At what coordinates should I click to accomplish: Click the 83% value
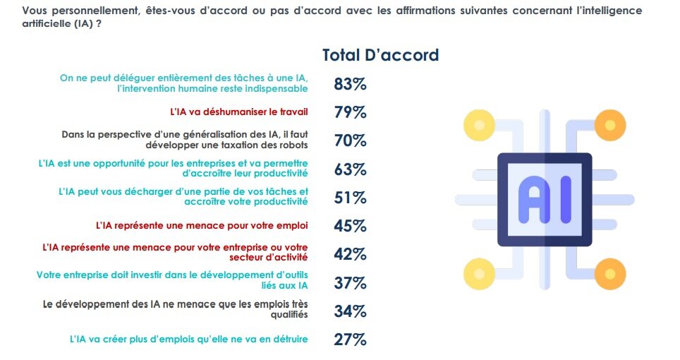coord(350,84)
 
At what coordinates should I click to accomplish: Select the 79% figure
coord(350,112)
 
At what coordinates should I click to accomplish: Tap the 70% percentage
coord(350,140)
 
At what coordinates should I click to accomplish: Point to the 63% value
coord(350,169)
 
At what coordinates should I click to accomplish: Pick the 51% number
coord(350,198)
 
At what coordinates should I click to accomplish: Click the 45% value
coord(350,226)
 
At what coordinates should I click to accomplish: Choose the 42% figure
coord(350,254)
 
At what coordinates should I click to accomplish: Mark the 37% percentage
coord(350,283)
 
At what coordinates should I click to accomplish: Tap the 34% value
coord(350,311)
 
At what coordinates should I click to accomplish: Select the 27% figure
coord(350,340)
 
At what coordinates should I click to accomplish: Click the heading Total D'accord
coord(380,55)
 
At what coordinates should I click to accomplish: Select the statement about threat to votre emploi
coord(202,226)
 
